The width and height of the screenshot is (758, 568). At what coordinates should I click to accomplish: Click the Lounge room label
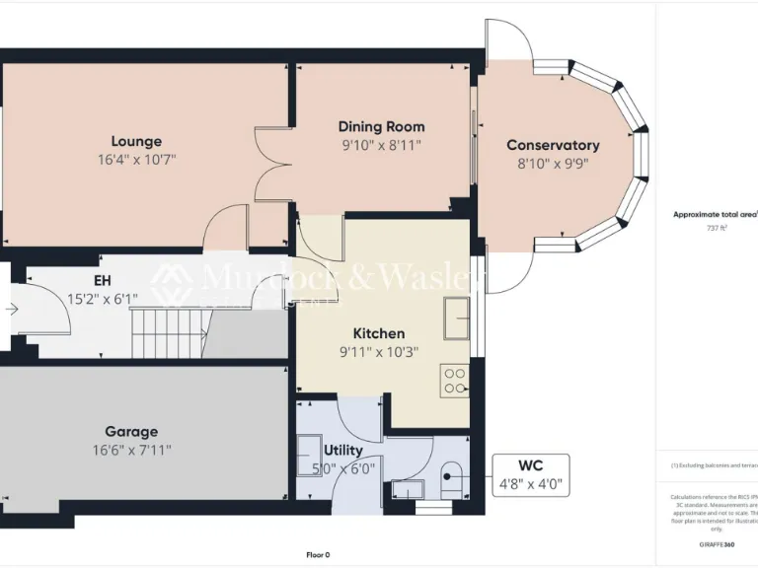coord(136,141)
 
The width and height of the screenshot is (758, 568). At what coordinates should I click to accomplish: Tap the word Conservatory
coord(553,145)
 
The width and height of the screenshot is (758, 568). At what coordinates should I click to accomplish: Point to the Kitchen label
coord(379,333)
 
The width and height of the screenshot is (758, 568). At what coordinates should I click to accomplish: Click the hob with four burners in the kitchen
coord(455,380)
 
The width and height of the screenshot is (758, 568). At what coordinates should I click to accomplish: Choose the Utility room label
coord(343,451)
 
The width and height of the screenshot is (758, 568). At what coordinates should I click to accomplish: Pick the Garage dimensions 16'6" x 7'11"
coord(132,450)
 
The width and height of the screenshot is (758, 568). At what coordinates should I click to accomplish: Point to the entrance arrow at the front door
coord(11,309)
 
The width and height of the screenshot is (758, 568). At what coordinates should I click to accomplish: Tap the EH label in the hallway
coord(102,280)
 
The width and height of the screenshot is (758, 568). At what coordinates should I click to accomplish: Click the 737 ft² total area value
coord(716,228)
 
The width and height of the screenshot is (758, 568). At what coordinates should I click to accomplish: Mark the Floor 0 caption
coord(318,554)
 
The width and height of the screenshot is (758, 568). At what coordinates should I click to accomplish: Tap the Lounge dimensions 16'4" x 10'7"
coord(136,159)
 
